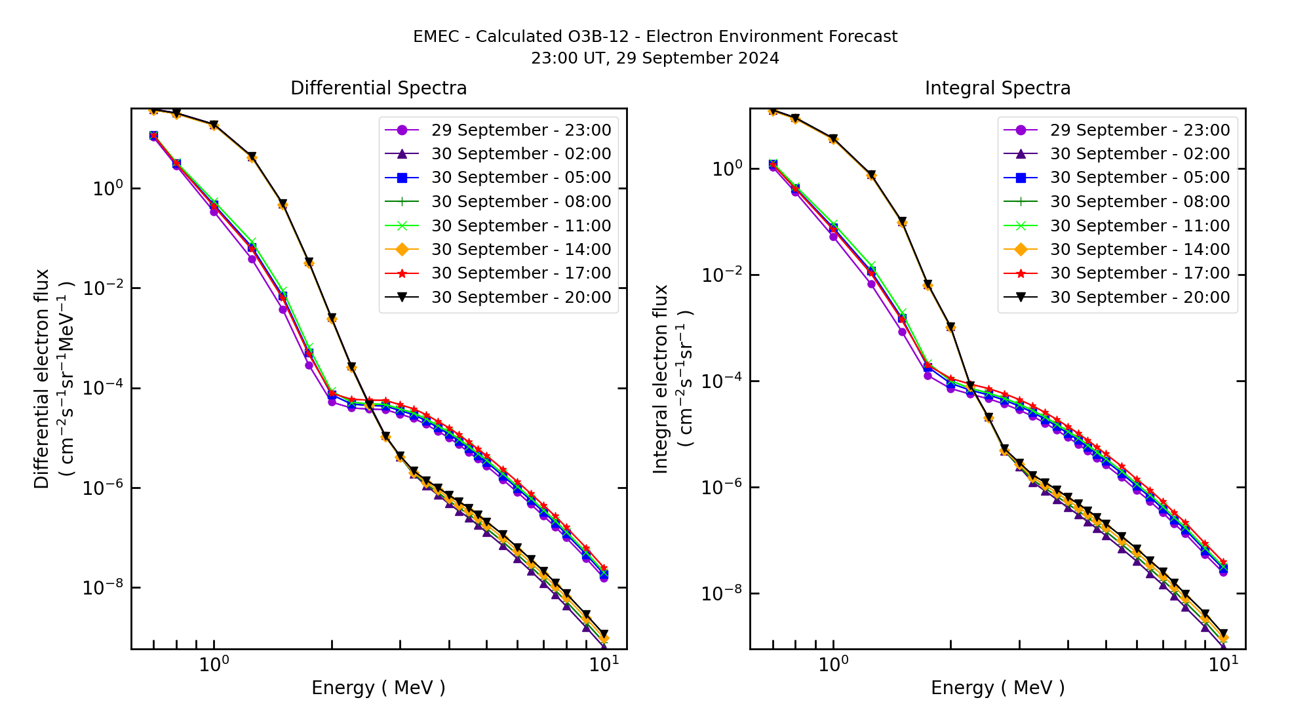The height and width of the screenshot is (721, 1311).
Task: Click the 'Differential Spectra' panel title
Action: pos(378,88)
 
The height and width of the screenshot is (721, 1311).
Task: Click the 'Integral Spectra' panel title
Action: pos(997,88)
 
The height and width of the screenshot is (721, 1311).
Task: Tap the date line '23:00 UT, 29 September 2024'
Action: pos(655,58)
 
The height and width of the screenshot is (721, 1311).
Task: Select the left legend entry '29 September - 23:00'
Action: pos(520,130)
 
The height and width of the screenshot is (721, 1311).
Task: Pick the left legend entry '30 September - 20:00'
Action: pos(520,297)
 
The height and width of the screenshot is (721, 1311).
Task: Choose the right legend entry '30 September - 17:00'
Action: pos(1139,273)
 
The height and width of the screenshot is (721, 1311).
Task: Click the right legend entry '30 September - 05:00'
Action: pos(1139,178)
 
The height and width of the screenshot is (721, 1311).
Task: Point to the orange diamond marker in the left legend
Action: pos(402,249)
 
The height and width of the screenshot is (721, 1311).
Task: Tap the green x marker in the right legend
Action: pos(1021,225)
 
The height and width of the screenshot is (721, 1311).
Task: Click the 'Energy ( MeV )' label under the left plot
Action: pos(378,688)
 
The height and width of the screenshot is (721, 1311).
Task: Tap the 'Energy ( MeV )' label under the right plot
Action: pos(997,688)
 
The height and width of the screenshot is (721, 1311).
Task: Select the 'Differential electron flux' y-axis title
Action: pos(42,378)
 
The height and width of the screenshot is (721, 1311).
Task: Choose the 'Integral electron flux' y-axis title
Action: pos(661,378)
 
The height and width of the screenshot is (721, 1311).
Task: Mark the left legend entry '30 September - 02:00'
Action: pos(520,154)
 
